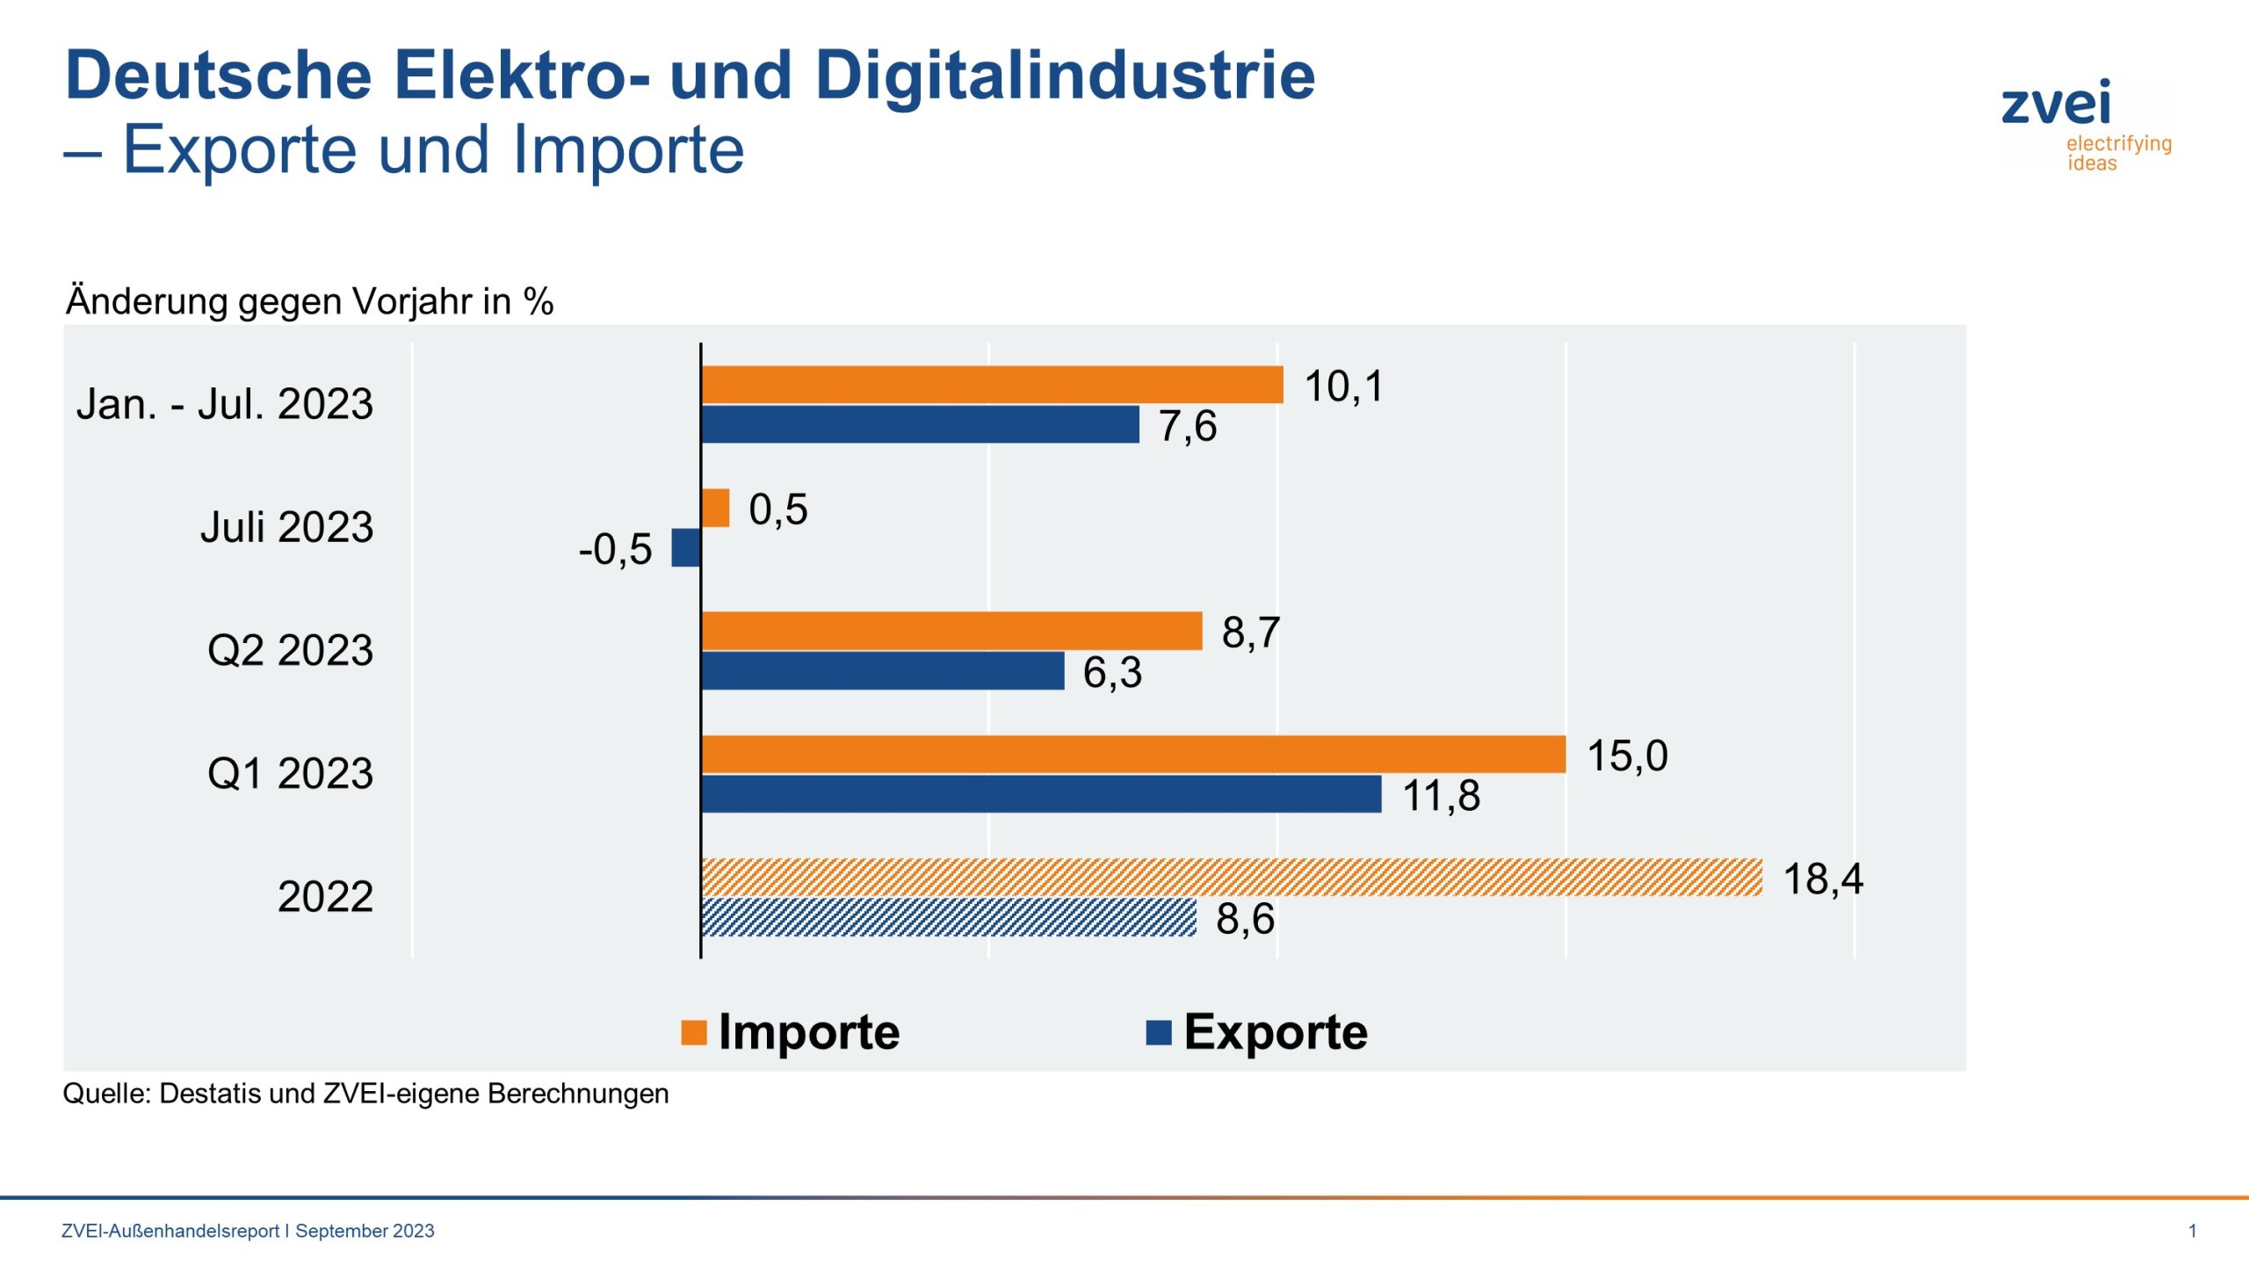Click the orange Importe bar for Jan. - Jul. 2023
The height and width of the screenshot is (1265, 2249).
(x=991, y=385)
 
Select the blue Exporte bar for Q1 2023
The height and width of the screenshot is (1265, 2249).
(x=1040, y=794)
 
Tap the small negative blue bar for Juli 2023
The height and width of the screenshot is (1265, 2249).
(x=685, y=547)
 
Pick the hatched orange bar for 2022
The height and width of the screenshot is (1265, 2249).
(x=1230, y=878)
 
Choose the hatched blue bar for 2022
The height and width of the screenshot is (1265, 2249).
(x=949, y=917)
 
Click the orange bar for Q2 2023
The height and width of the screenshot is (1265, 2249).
(x=951, y=631)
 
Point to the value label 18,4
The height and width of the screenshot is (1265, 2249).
(x=1822, y=879)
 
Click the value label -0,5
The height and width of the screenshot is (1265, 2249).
(x=615, y=550)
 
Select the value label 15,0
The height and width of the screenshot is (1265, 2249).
(x=1626, y=756)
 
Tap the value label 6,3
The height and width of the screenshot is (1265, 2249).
(x=1111, y=673)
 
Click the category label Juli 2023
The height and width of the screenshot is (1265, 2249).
(x=286, y=527)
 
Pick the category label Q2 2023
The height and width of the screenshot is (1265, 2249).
(x=290, y=651)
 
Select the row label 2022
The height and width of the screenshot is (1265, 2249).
(x=325, y=897)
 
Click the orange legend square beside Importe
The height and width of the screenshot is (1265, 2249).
(x=693, y=1033)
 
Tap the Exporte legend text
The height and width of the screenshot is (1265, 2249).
(x=1275, y=1032)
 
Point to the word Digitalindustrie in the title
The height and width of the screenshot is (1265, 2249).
(x=1064, y=76)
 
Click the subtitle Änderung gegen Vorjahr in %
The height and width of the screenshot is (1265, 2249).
(x=309, y=301)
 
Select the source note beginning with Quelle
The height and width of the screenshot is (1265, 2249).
(x=365, y=1094)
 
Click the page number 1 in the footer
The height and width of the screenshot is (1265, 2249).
(x=2192, y=1231)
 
